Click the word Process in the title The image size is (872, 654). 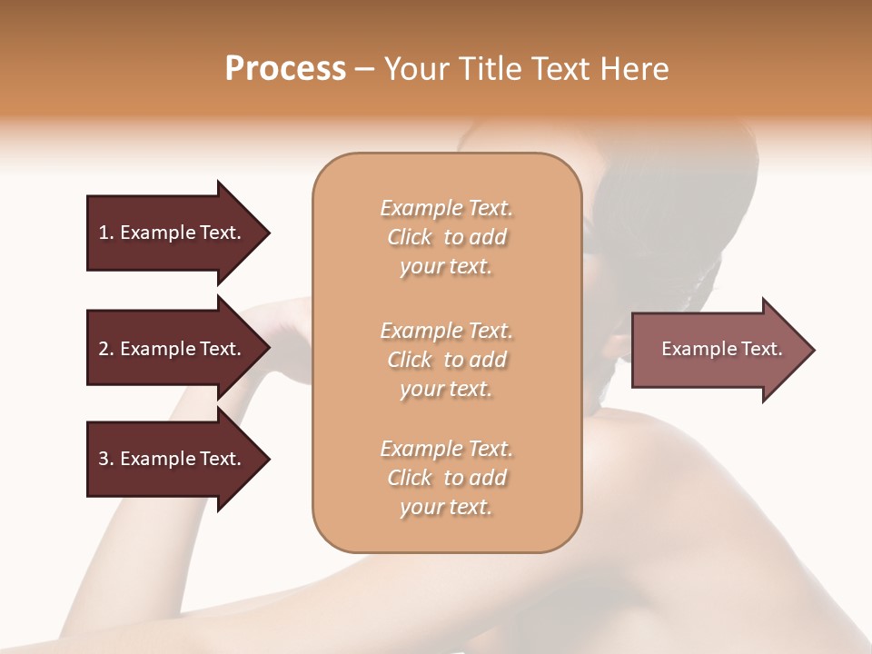(x=285, y=69)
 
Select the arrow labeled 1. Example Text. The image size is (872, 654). (x=173, y=233)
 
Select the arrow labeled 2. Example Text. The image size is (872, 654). (x=173, y=349)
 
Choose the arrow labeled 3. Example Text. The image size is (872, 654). (x=173, y=459)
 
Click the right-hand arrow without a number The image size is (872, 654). (x=718, y=349)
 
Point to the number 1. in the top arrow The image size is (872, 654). (x=106, y=233)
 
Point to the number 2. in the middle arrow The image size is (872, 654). (x=106, y=349)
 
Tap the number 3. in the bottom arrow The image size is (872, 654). (x=106, y=459)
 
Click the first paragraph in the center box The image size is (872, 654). (x=446, y=237)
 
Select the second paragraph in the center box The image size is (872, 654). (x=446, y=359)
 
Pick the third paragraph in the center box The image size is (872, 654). (x=446, y=478)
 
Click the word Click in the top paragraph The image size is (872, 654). (x=410, y=237)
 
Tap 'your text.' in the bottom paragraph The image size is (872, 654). (x=446, y=507)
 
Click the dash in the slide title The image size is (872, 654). (x=364, y=69)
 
